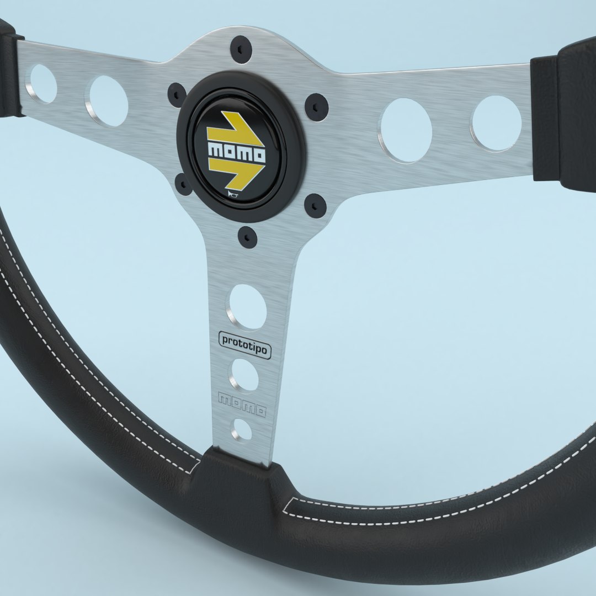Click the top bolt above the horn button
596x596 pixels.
pyautogui.click(x=241, y=50)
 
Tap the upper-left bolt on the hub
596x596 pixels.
pyautogui.click(x=177, y=95)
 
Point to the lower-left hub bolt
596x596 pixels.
pyautogui.click(x=183, y=184)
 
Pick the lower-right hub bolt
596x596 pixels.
pyautogui.click(x=315, y=205)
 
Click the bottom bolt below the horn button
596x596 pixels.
pyautogui.click(x=248, y=236)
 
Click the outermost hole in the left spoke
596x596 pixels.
pyautogui.click(x=42, y=84)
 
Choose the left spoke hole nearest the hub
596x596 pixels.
pyautogui.click(x=108, y=101)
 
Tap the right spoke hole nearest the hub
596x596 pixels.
pyautogui.click(x=406, y=130)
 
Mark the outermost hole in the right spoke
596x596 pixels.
pyautogui.click(x=497, y=123)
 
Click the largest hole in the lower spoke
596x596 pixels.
pyautogui.click(x=247, y=307)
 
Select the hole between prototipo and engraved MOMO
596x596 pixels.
pyautogui.click(x=244, y=375)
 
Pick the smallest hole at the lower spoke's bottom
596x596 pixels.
pyautogui.click(x=242, y=429)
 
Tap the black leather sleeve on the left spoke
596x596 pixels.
pyautogui.click(x=10, y=69)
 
